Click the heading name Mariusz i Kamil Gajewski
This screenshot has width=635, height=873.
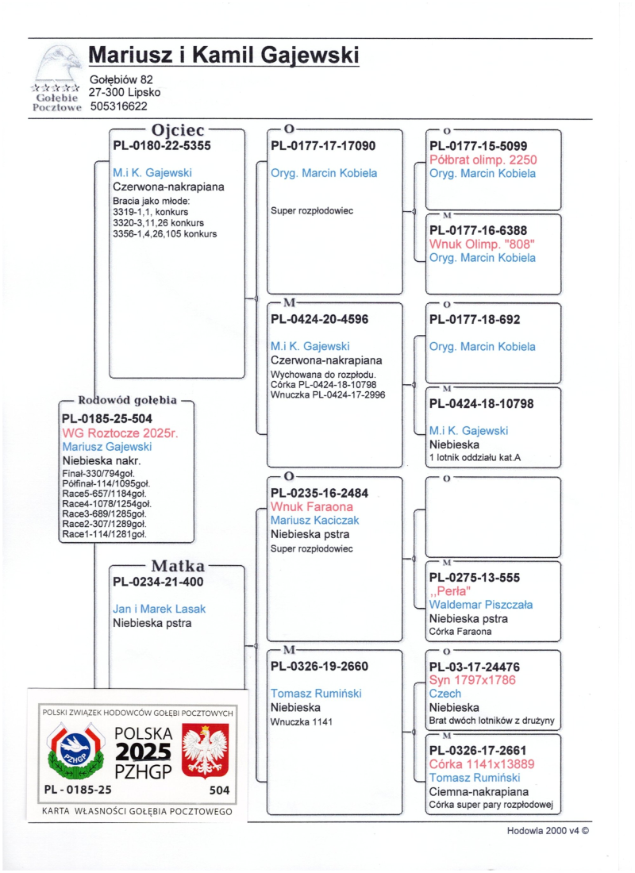point(224,56)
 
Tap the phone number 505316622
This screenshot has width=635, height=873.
point(119,106)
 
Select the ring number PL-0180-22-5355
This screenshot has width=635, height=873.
point(162,146)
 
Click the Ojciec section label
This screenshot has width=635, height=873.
point(178,129)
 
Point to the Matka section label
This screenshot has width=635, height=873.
point(178,566)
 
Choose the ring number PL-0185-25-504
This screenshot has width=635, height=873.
point(107,418)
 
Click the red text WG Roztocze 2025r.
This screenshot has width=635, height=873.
point(120,433)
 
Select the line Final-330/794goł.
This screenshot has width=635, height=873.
point(98,474)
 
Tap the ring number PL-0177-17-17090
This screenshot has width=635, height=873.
point(323,146)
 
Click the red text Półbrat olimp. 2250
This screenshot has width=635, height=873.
point(483,160)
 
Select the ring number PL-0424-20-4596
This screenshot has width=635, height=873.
point(320,319)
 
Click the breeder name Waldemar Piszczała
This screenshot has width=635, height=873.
point(481,605)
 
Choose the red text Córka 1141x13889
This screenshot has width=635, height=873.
point(482,764)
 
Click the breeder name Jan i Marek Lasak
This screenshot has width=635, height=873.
point(160,609)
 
